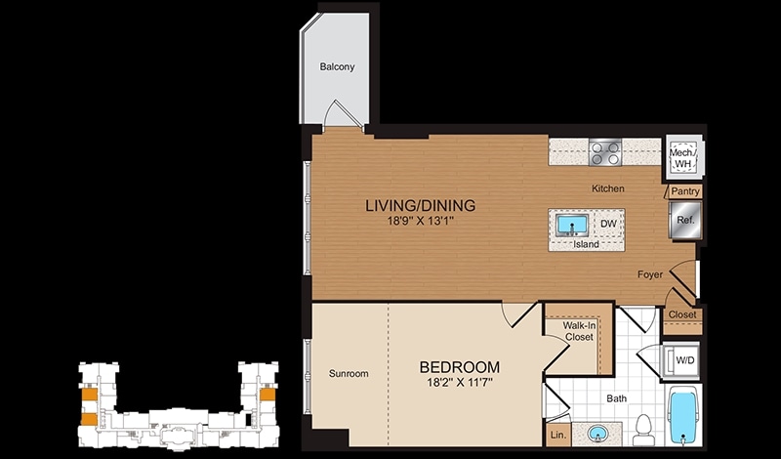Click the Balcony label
click(337, 67)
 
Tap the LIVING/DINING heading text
click(420, 206)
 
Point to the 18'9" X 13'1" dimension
click(420, 222)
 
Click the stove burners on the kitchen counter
click(606, 152)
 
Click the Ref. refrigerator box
click(684, 220)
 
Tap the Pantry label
click(683, 191)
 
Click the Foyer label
click(651, 274)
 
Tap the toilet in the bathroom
click(642, 425)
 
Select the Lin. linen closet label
click(557, 435)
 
